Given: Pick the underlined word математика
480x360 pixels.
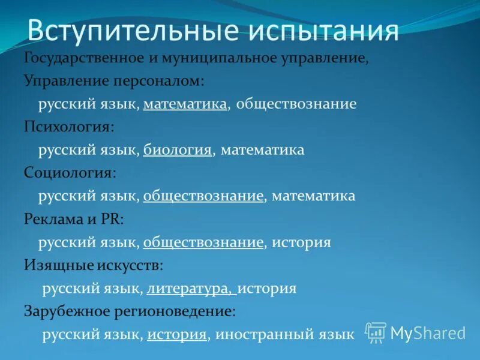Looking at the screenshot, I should pyautogui.click(x=185, y=104).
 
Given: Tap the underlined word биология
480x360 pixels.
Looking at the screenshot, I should pyautogui.click(x=178, y=150).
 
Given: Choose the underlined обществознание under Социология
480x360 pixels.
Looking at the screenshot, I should pyautogui.click(x=203, y=196).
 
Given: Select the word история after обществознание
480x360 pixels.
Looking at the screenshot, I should pyautogui.click(x=301, y=242).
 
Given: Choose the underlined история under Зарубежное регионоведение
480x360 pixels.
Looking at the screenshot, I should pyautogui.click(x=177, y=335).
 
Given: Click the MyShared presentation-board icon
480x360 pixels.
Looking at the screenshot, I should pyautogui.click(x=376, y=332).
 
